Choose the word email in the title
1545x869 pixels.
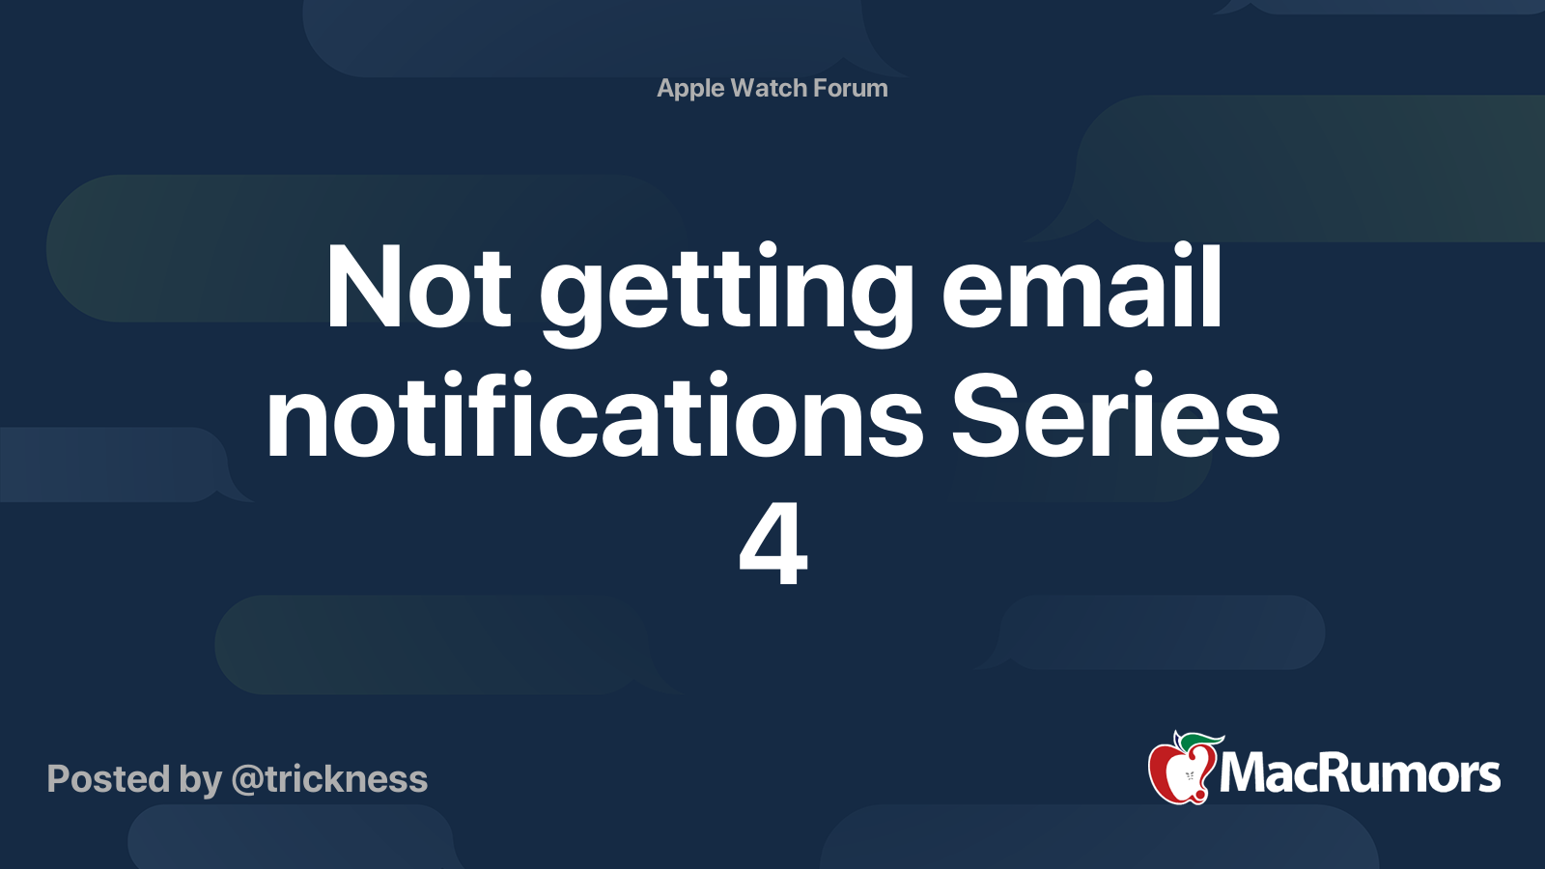(x=1082, y=285)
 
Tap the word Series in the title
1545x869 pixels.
(x=1115, y=414)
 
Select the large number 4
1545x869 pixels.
(x=772, y=544)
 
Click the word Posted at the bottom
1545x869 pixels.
(x=108, y=779)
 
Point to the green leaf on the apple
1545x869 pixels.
(x=1201, y=742)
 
